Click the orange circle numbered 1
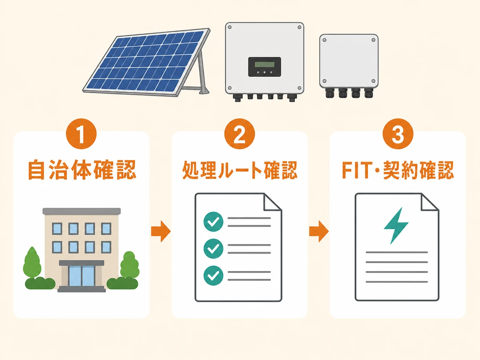[81, 134]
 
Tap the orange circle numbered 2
[240, 134]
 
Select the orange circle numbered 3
[398, 134]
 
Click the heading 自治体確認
[82, 170]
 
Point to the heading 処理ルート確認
[240, 170]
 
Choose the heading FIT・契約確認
[398, 170]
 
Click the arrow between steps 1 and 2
[161, 231]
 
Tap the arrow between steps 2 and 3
[319, 231]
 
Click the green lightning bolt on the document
[396, 226]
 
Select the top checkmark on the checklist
[213, 222]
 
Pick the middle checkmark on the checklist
[213, 248]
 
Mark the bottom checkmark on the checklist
[213, 276]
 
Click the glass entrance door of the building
[81, 276]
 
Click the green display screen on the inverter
[264, 64]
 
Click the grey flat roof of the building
[82, 211]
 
